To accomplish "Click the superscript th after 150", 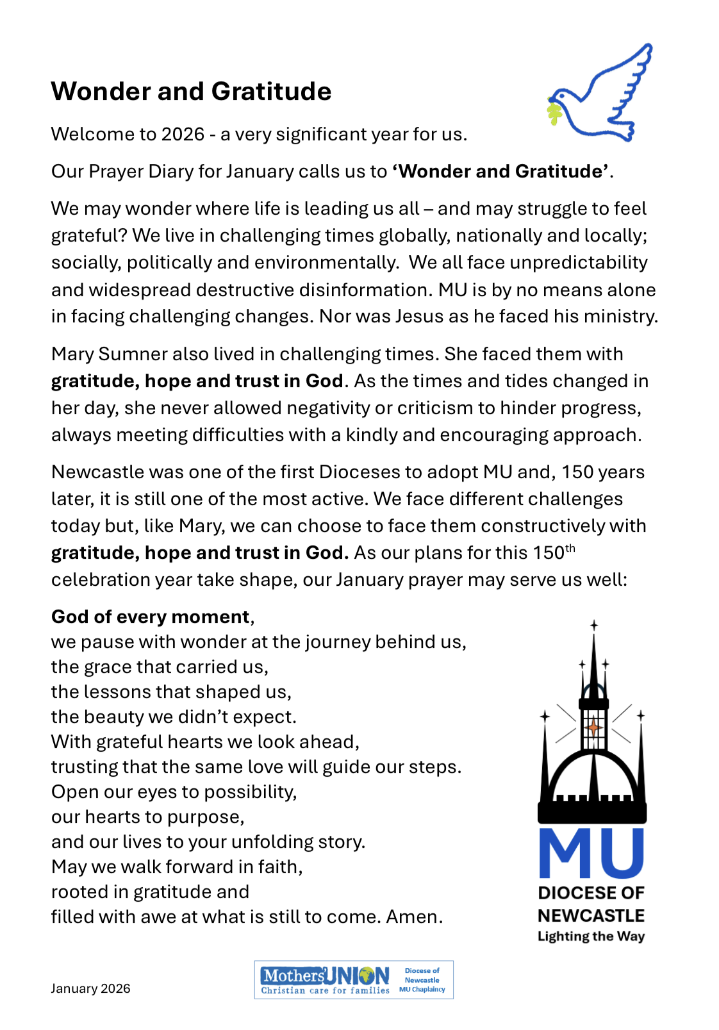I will click(570, 548).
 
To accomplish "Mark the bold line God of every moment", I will click(151, 617).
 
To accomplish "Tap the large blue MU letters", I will click(591, 853).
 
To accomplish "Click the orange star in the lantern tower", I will click(593, 727).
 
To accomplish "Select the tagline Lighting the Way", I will click(591, 936).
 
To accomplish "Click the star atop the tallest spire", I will click(594, 625).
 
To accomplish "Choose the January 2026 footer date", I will click(90, 988).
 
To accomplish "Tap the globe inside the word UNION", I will click(367, 976).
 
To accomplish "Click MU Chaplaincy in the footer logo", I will click(422, 990).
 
